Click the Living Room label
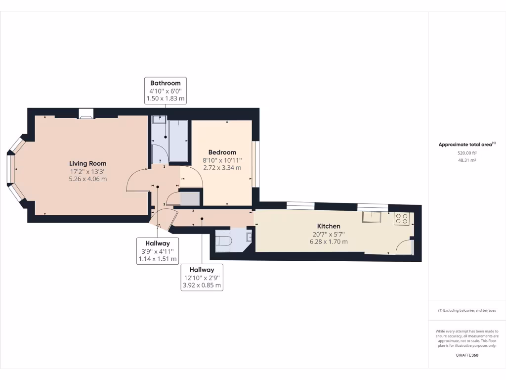click(x=87, y=163)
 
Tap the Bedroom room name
click(x=222, y=152)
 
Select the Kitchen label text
click(x=329, y=226)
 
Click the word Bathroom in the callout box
click(x=165, y=83)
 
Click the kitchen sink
click(x=371, y=217)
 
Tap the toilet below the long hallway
click(x=224, y=241)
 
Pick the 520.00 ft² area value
click(x=466, y=153)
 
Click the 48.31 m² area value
click(x=466, y=160)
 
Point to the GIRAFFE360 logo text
click(x=466, y=355)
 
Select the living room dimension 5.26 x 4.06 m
click(x=87, y=179)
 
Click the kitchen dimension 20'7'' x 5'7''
click(x=329, y=234)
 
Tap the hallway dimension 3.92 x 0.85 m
click(x=202, y=285)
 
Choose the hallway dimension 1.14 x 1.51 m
click(x=158, y=259)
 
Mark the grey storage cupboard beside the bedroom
click(x=190, y=199)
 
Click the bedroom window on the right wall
click(x=255, y=164)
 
